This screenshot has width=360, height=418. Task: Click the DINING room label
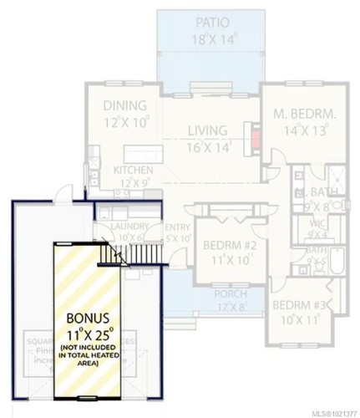pyautogui.click(x=124, y=106)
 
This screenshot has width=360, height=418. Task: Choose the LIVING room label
pyautogui.click(x=207, y=131)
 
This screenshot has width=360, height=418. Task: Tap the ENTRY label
pyautogui.click(x=177, y=227)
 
